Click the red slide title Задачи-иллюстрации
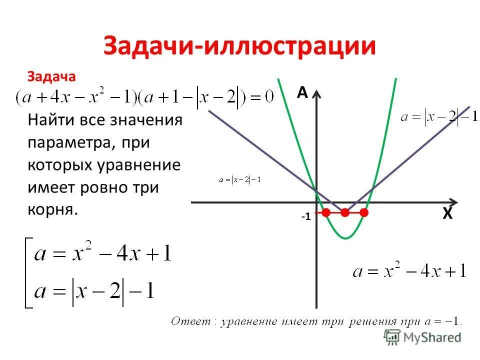[239, 46]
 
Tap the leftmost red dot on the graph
[326, 212]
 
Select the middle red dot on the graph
[345, 212]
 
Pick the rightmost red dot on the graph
[364, 212]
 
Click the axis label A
[302, 93]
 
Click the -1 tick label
[305, 217]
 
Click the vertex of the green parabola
[345, 238]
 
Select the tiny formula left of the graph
[240, 179]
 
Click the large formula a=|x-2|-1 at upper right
[439, 117]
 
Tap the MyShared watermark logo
[422, 337]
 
